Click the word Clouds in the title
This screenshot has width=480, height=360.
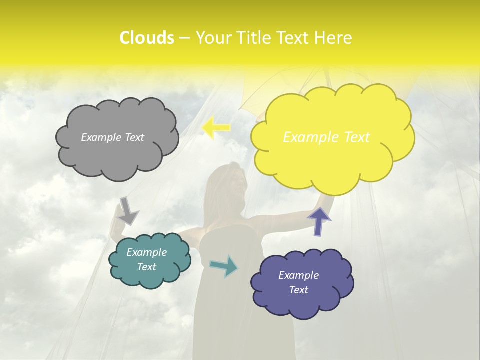tap(147, 38)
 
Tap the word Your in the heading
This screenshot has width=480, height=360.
tap(213, 38)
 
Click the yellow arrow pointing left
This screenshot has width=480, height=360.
tap(216, 128)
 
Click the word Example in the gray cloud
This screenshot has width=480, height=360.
tap(101, 137)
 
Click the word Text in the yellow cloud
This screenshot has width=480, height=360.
tap(353, 137)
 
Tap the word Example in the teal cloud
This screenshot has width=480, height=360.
tap(147, 252)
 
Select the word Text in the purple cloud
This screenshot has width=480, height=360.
tap(299, 290)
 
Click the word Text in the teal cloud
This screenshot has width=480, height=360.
tap(147, 267)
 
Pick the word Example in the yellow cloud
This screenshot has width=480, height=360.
tap(307, 137)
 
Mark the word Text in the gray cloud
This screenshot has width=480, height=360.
tap(134, 137)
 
